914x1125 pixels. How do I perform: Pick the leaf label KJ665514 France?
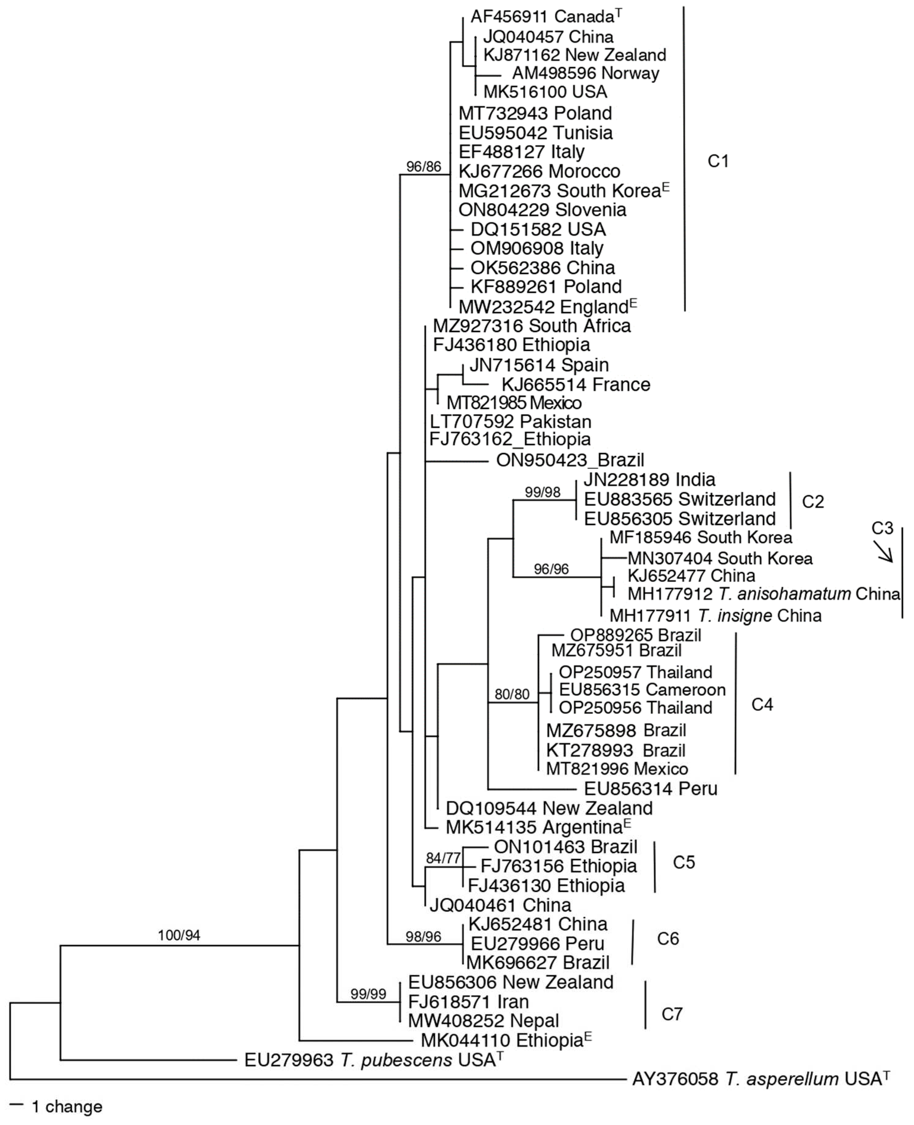(576, 385)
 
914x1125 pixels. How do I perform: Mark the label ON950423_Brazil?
(570, 460)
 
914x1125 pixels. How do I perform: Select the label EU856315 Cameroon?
(642, 689)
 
